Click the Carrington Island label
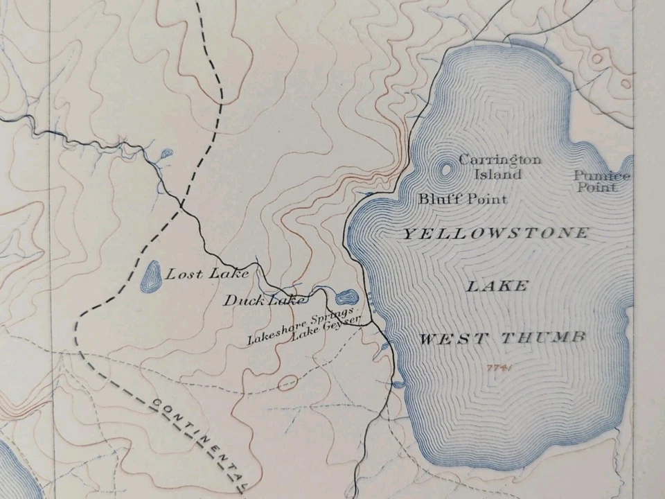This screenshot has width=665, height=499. [x=499, y=167]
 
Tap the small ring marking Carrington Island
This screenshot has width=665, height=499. [x=445, y=168]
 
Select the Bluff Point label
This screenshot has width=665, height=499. [x=462, y=199]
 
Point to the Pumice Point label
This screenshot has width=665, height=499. [x=601, y=181]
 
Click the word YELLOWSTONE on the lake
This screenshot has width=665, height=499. [x=495, y=234]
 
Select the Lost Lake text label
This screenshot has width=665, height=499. [x=207, y=274]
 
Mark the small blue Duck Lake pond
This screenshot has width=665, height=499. [x=344, y=298]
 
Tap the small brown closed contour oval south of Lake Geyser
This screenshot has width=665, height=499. [x=287, y=382]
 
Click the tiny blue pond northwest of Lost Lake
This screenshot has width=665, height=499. [x=166, y=155]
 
